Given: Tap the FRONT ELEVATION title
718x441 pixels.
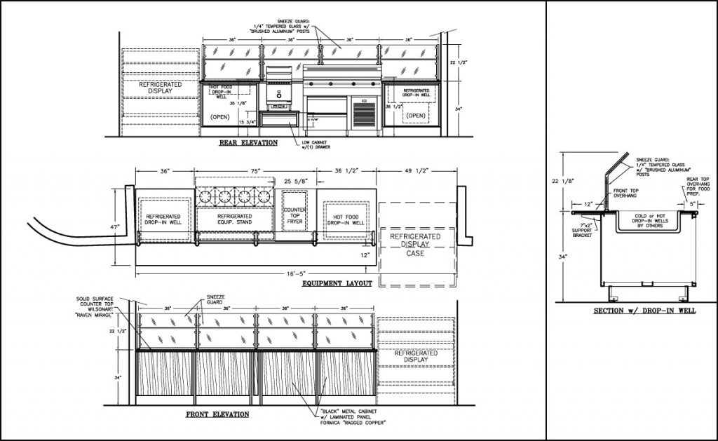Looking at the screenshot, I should (x=217, y=414).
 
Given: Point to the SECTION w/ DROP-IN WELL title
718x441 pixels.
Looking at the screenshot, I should (x=644, y=311).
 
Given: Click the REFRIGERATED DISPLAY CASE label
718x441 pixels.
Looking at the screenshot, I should (x=416, y=245).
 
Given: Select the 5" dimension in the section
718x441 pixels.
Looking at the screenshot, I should (x=693, y=204).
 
